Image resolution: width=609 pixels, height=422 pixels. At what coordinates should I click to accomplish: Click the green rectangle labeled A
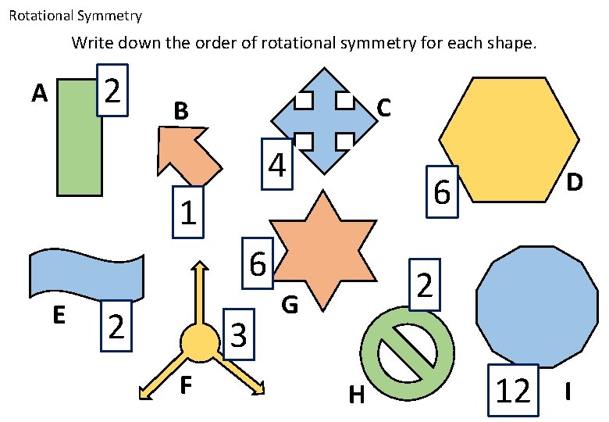click(x=78, y=148)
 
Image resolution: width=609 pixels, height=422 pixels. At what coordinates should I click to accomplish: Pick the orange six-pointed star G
click(x=321, y=249)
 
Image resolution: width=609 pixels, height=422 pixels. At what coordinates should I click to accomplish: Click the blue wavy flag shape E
click(x=86, y=274)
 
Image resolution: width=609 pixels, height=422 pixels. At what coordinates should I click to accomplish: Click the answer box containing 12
click(x=514, y=389)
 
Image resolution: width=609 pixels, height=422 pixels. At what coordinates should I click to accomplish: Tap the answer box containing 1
click(x=187, y=212)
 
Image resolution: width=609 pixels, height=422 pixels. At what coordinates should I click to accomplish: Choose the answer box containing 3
click(x=239, y=336)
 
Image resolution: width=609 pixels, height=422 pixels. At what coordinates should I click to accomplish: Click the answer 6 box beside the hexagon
click(x=442, y=191)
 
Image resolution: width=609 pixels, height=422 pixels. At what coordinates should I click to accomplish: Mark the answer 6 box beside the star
click(x=258, y=263)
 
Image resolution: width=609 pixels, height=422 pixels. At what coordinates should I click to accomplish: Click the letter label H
click(x=357, y=396)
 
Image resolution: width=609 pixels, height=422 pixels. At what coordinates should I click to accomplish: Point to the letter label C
click(x=383, y=108)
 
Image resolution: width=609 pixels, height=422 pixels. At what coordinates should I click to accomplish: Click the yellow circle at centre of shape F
click(x=198, y=342)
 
